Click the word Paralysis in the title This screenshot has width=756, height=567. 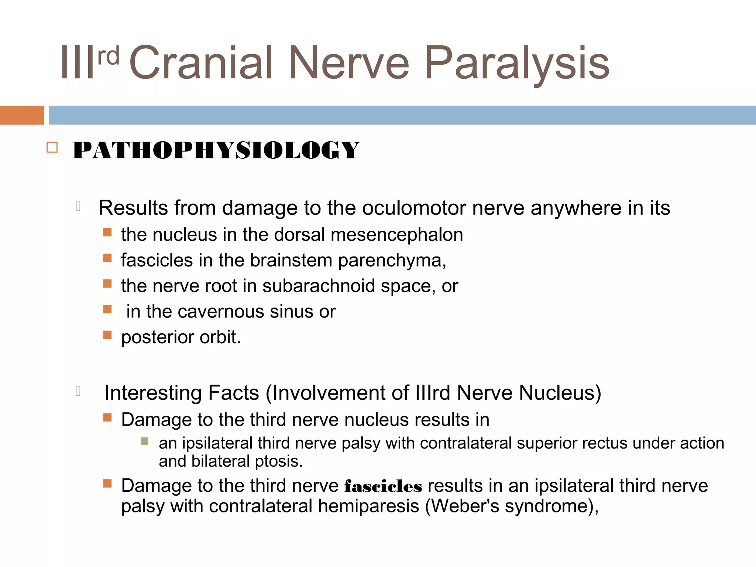[517, 63]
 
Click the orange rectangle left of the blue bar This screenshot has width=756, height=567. [22, 115]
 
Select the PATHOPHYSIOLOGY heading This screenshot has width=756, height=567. [216, 151]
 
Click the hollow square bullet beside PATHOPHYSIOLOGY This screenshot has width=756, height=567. [52, 148]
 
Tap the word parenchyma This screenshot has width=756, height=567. [392, 261]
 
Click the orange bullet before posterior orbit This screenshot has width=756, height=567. [107, 335]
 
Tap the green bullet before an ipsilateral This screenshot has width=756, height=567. [145, 441]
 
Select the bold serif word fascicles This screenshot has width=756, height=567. [383, 487]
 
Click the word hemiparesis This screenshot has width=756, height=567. [368, 506]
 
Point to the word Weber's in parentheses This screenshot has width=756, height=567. [465, 506]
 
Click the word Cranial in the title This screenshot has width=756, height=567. [201, 63]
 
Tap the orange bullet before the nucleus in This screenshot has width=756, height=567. [107, 232]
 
